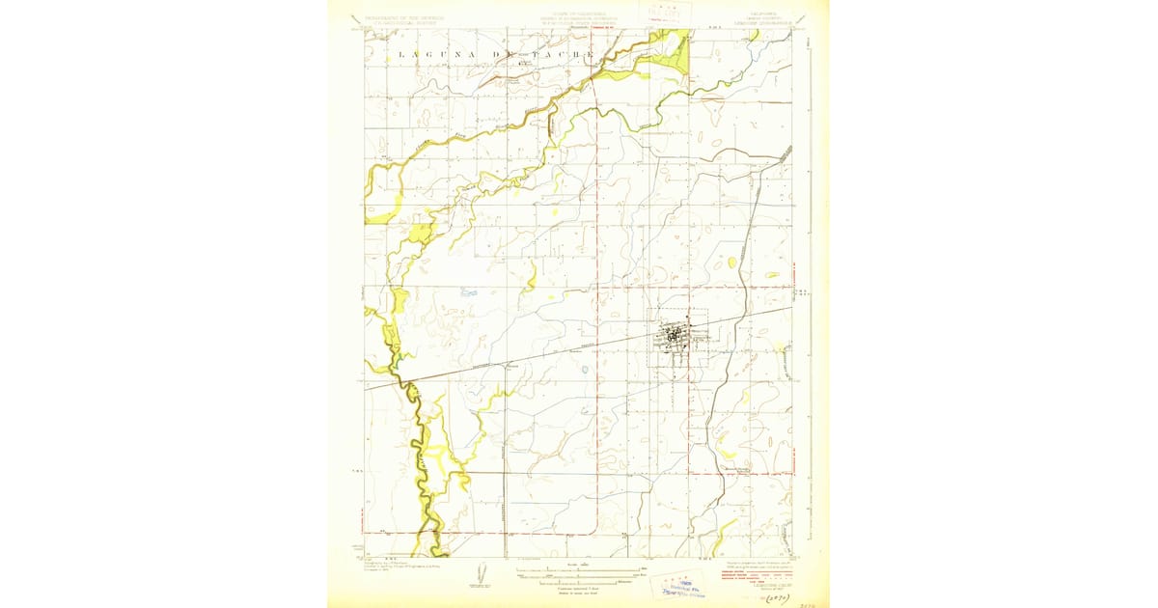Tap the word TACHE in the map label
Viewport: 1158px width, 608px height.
(x=569, y=55)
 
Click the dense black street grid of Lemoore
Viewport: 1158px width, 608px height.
(x=673, y=337)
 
